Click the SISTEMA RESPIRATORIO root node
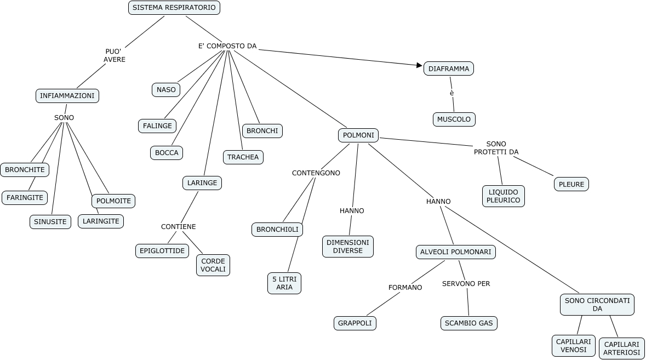point(175,8)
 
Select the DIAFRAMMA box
point(448,68)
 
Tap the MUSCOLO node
point(454,119)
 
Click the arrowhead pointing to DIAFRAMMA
point(420,65)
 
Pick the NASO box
point(166,90)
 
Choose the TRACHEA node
point(243,157)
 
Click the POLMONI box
point(358,135)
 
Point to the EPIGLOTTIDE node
point(162,250)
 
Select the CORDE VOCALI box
point(213,265)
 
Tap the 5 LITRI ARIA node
point(284,283)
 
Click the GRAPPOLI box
point(355,323)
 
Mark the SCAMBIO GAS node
point(469,323)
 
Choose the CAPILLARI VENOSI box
point(573,345)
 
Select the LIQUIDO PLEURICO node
point(504,196)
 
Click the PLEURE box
point(571,184)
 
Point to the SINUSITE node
point(50,222)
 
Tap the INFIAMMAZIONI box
point(67,96)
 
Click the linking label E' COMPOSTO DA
point(227,46)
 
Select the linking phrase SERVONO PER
point(466,284)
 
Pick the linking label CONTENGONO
point(316,173)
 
